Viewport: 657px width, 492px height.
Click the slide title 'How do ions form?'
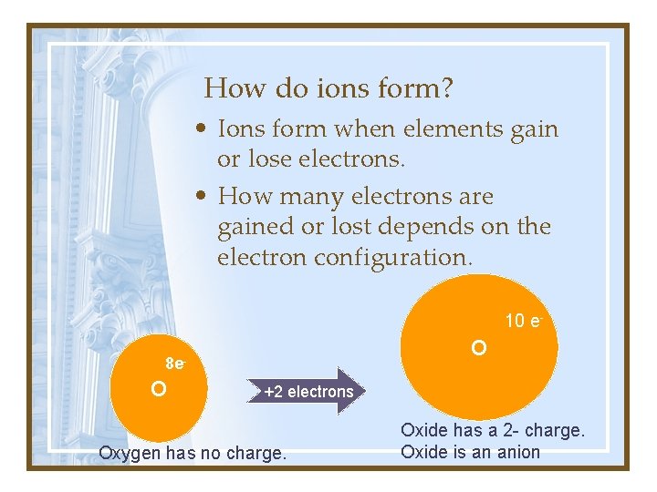[329, 88]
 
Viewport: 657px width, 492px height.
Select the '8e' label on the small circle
[175, 364]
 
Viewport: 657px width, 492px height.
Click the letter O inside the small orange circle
[158, 390]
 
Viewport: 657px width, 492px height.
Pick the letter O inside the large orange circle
[479, 348]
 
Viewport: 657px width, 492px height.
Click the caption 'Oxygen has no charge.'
[192, 453]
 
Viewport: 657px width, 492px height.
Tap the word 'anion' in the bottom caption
[520, 452]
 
